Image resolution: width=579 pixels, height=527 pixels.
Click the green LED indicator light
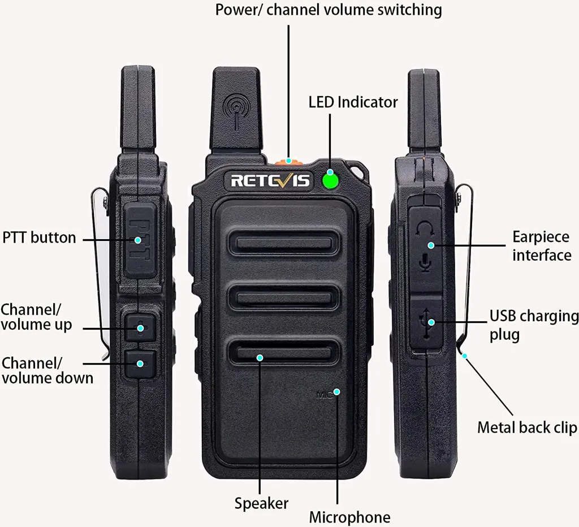330,181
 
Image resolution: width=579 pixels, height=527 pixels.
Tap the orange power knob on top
288,162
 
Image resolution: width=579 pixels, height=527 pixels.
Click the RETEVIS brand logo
270,181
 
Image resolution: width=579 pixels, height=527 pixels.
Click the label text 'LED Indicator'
353,102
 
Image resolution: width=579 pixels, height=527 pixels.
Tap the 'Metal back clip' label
527,427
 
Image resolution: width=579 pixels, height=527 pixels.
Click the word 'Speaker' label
261,503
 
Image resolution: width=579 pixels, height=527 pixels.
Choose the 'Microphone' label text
349,517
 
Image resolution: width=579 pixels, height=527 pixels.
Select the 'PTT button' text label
39,237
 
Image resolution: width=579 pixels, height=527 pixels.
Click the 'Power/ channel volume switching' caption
329,10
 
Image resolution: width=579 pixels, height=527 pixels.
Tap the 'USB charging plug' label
533,325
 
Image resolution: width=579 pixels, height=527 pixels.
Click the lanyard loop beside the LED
357,169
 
